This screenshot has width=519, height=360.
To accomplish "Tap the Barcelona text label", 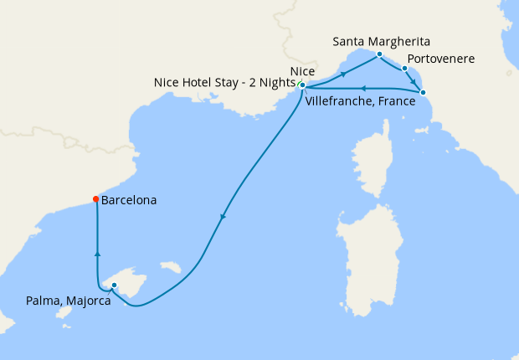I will click(x=129, y=201).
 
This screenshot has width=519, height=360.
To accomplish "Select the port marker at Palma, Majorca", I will click(x=114, y=285).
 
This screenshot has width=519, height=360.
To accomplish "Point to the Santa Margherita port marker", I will click(x=379, y=54).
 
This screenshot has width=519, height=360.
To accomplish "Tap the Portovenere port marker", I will click(x=404, y=69).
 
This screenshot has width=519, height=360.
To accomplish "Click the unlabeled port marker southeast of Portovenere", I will click(x=423, y=92).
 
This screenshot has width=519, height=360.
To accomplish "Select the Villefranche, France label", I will click(x=361, y=100).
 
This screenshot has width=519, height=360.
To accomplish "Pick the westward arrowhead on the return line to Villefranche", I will click(x=362, y=87).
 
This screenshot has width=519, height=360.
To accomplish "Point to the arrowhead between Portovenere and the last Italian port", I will click(x=414, y=81).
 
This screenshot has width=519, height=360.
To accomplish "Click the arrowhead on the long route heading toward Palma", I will click(x=223, y=218).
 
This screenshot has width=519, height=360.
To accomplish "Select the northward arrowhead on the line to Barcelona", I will click(x=98, y=252).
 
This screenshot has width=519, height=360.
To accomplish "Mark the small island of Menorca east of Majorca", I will click(x=172, y=269).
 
